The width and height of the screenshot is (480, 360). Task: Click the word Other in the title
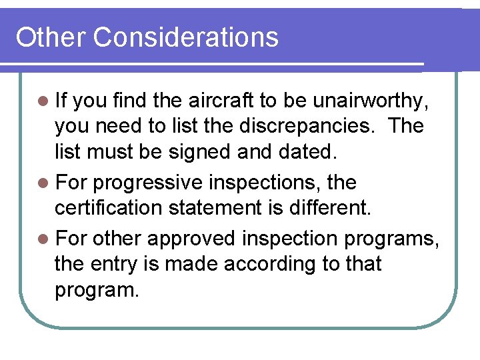point(51,37)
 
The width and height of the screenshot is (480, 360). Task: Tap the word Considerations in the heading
point(186,37)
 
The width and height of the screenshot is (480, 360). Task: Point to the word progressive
point(149,183)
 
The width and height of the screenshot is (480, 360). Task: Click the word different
point(329,207)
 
